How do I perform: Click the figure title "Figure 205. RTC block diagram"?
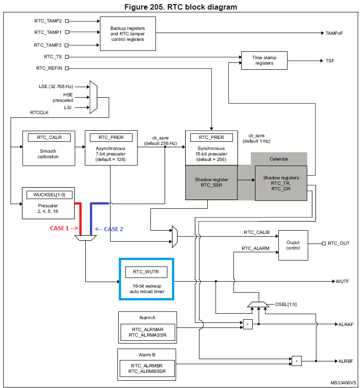(x=180, y=7)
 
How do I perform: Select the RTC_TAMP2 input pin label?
(x=49, y=21)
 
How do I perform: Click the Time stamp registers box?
(x=265, y=61)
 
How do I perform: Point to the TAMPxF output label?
(x=334, y=33)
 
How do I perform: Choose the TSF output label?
(x=330, y=61)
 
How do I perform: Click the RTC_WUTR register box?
(x=146, y=272)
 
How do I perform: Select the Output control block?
(x=293, y=245)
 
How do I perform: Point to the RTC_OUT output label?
(x=338, y=243)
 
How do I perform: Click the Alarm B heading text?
(x=146, y=355)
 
